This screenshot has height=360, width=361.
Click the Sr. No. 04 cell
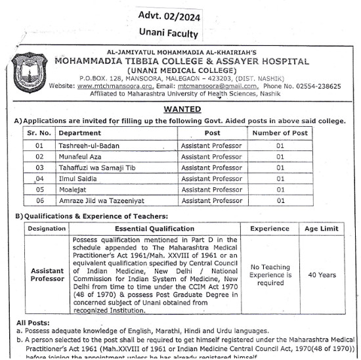pyautogui.click(x=39, y=178)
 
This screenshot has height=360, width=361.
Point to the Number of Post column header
pyautogui.click(x=280, y=132)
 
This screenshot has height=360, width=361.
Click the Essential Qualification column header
pyautogui.click(x=154, y=228)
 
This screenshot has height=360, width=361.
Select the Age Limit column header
pyautogui.click(x=322, y=228)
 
